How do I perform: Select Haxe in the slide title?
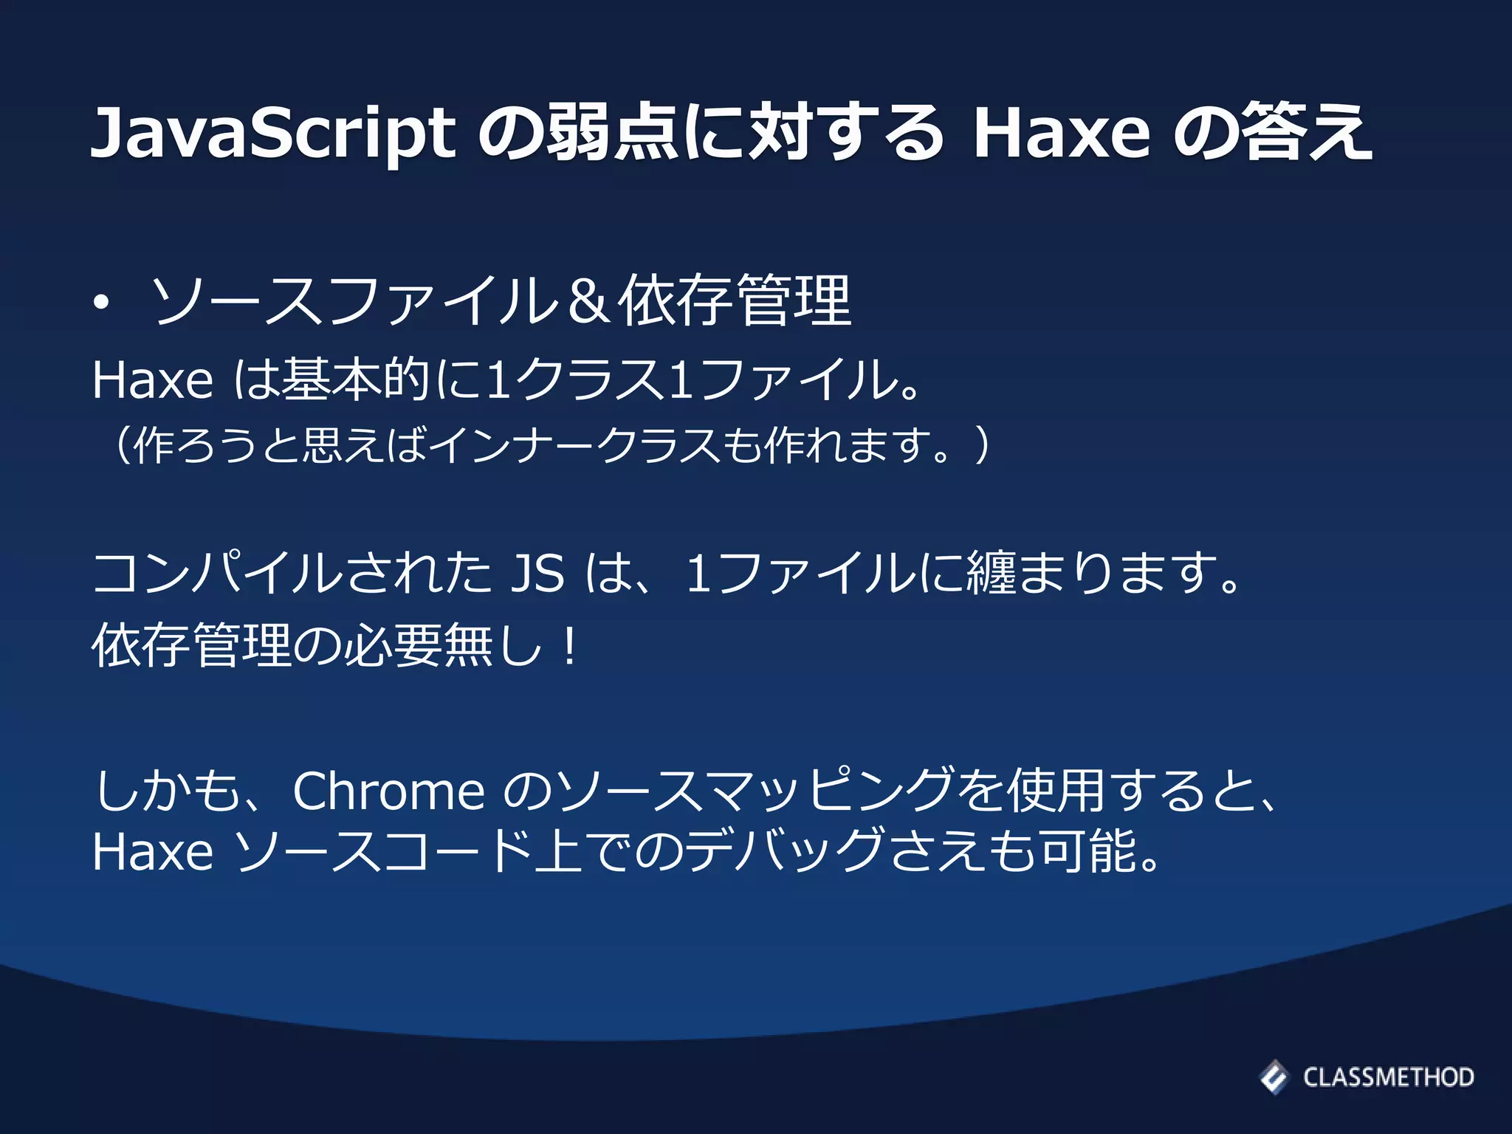(1062, 133)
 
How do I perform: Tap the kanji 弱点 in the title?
(612, 133)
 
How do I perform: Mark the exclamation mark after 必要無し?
(569, 645)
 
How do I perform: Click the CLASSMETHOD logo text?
(1388, 1077)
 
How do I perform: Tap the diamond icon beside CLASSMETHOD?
(1274, 1076)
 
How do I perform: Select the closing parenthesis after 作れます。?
(981, 445)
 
